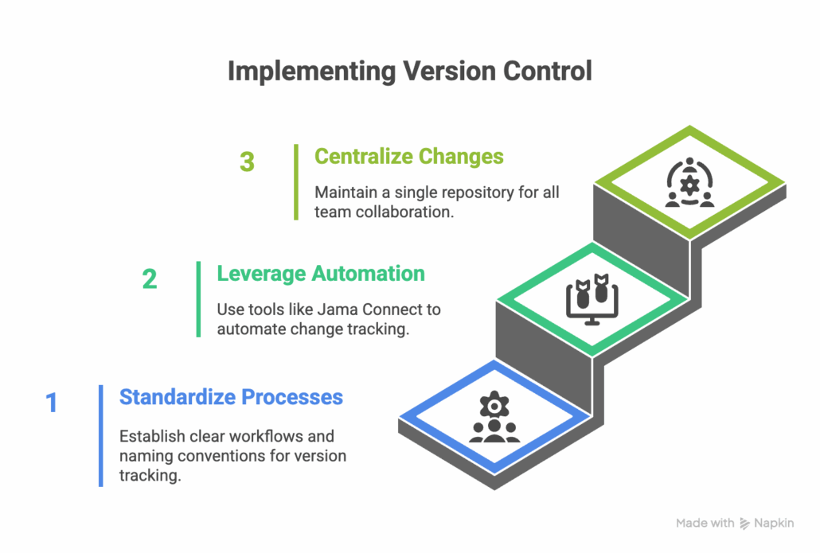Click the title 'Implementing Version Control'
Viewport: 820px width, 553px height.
click(409, 71)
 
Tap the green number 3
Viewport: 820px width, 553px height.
click(247, 162)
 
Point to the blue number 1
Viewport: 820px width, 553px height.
click(52, 403)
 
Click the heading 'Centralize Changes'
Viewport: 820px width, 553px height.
click(409, 156)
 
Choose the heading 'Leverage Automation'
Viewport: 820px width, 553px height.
click(321, 274)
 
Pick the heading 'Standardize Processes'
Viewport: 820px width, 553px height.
click(231, 396)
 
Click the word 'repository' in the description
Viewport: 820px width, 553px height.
click(459, 193)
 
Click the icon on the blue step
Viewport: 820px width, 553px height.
click(494, 419)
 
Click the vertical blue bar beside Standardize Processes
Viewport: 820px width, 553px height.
click(101, 435)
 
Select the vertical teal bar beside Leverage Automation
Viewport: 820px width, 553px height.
click(198, 299)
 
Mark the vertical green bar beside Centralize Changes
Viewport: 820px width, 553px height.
click(296, 181)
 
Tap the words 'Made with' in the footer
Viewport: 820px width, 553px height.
click(705, 523)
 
